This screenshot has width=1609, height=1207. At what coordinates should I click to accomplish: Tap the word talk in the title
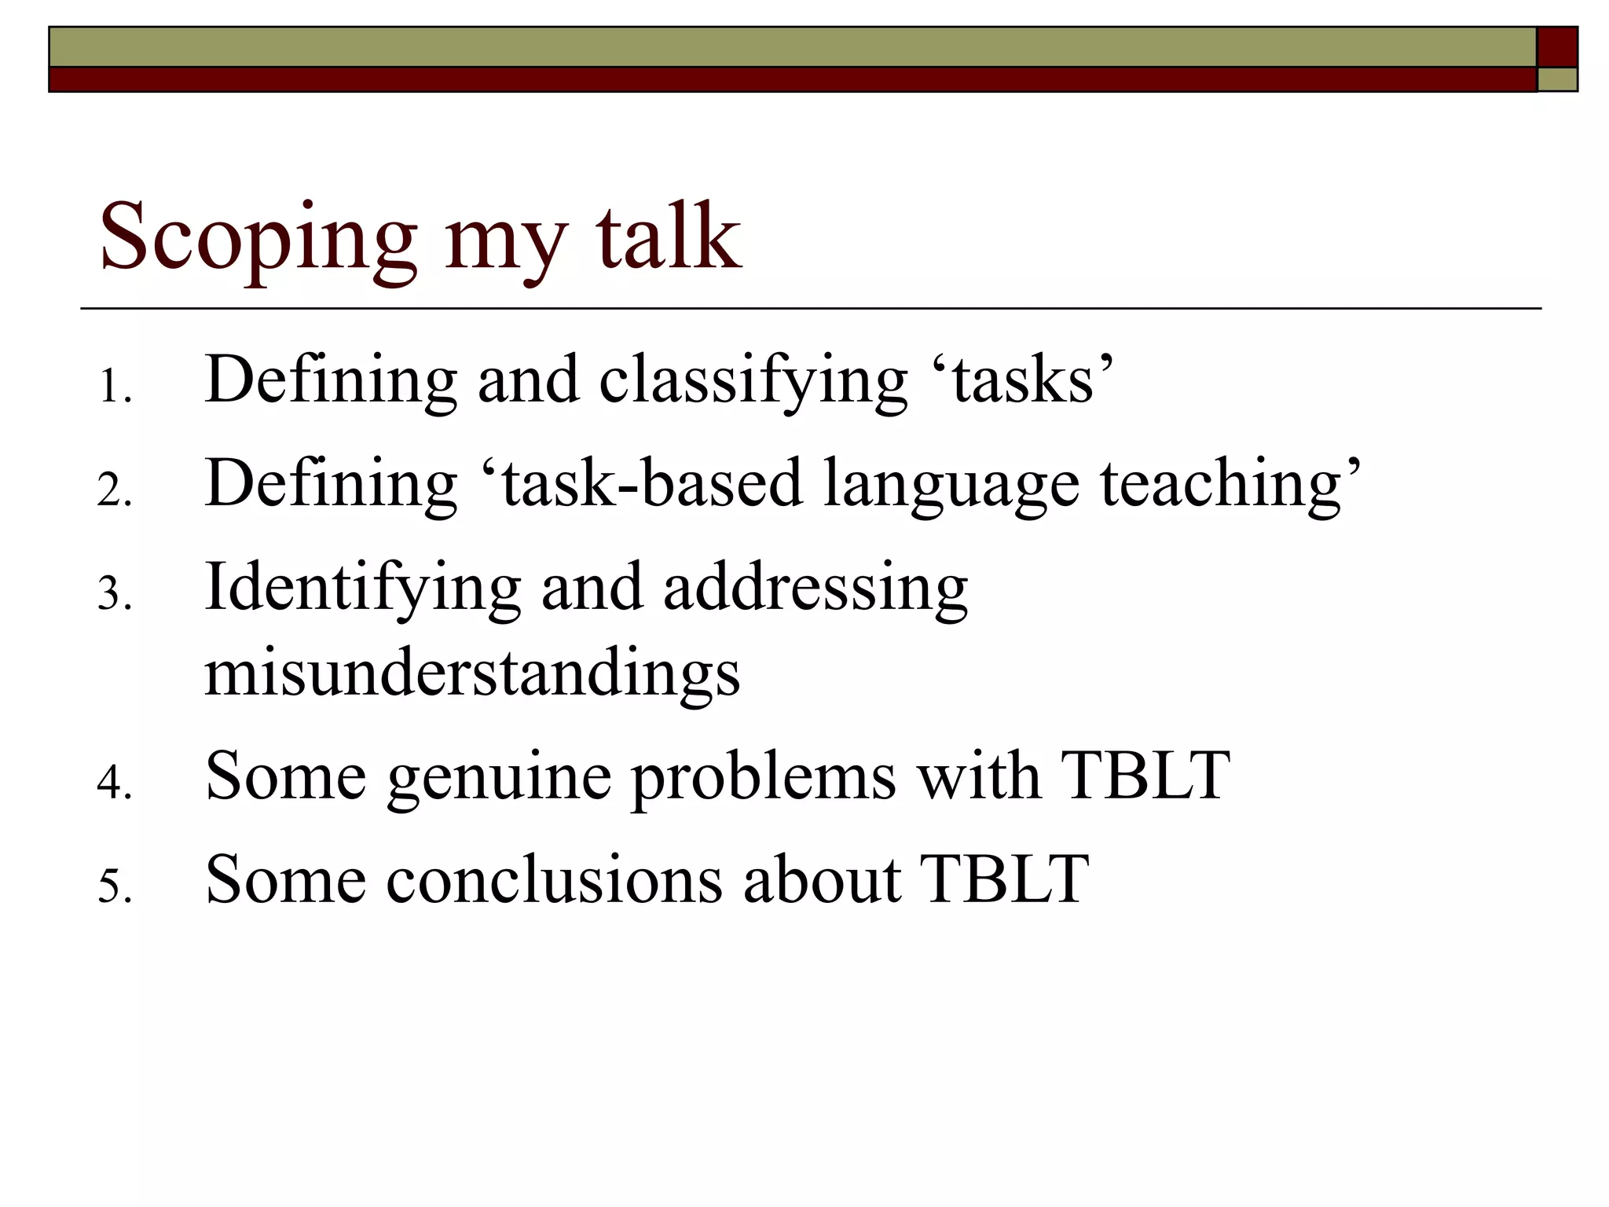[668, 236]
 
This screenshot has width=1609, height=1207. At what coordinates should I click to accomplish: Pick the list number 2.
[114, 491]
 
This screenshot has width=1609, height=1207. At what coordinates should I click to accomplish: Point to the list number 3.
[114, 594]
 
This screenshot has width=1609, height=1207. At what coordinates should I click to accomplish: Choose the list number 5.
[114, 887]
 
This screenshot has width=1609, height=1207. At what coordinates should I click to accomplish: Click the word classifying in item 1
[753, 383]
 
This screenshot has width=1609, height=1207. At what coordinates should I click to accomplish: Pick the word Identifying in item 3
[362, 589]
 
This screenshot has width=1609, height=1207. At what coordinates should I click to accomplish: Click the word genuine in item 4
[499, 779]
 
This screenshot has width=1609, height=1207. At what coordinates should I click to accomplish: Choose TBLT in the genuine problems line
[1145, 776]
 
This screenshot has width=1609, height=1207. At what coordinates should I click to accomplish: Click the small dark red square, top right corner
[1557, 46]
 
